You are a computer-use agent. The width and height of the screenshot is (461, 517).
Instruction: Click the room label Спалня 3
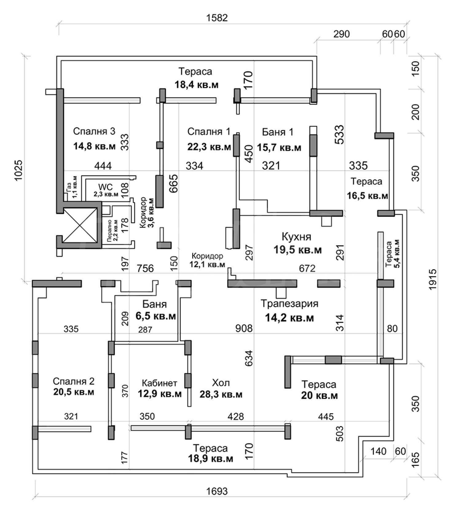(x=94, y=132)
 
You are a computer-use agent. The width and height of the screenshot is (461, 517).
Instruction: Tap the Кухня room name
(x=296, y=237)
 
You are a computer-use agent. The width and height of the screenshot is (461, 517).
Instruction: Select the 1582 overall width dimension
(x=217, y=18)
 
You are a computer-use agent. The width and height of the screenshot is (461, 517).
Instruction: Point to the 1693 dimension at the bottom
(x=217, y=491)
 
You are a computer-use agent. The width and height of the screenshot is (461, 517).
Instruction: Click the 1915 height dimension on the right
(x=433, y=279)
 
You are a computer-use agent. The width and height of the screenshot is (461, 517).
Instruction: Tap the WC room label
(x=105, y=187)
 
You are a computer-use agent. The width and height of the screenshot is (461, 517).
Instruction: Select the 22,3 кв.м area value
(x=209, y=147)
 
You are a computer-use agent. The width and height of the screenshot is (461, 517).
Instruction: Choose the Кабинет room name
(x=160, y=383)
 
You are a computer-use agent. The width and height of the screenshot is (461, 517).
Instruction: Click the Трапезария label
(x=289, y=304)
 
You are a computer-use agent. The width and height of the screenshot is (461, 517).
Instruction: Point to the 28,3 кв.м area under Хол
(x=221, y=394)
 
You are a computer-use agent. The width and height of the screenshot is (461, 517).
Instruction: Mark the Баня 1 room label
(x=278, y=132)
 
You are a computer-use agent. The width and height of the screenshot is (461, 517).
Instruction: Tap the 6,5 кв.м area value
(x=156, y=316)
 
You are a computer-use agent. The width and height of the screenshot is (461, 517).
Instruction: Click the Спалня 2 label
(x=73, y=381)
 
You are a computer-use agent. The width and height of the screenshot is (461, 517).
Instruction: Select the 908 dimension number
(x=244, y=328)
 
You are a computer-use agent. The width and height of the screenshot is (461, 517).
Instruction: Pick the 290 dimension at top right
(x=341, y=34)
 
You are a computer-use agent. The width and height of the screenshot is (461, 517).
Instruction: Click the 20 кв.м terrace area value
(x=319, y=395)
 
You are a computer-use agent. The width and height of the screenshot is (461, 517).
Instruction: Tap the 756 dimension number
(x=145, y=268)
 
